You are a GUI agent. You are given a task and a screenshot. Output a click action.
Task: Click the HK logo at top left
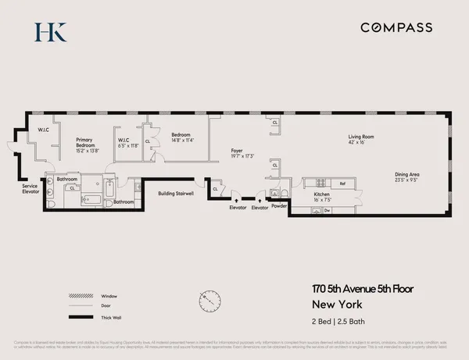(x=51, y=31)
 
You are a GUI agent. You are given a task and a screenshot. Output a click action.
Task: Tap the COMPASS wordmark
(x=396, y=27)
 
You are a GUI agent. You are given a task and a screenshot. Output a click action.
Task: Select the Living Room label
(x=360, y=137)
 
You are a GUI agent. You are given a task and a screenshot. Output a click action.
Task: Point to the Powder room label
(x=279, y=208)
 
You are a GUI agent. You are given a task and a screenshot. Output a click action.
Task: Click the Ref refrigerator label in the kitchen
(x=342, y=183)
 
